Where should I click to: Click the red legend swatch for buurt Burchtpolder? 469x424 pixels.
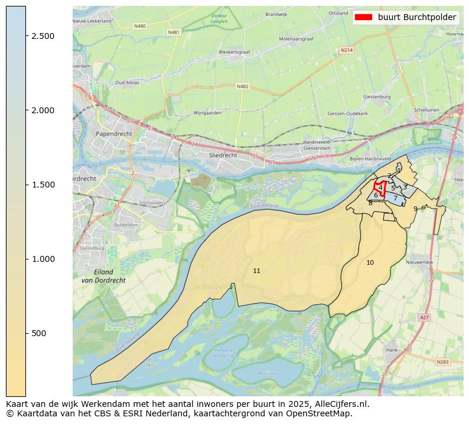pos(363,17)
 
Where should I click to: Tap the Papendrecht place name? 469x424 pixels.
pos(113,134)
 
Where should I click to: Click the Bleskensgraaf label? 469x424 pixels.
pos(235,52)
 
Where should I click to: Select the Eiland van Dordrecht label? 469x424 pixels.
pos(103,276)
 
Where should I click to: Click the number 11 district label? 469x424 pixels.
pos(256,271)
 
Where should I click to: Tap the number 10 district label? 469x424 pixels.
pos(370,262)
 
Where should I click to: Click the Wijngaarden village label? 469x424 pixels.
pos(207,113)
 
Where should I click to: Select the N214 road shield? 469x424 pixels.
pos(347,50)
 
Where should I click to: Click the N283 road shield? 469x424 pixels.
pos(442,361)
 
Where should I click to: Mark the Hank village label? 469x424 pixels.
pos(392,350)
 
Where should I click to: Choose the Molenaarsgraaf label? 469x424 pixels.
pos(297,38)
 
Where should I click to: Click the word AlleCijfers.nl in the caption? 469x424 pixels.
pos(340,405)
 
